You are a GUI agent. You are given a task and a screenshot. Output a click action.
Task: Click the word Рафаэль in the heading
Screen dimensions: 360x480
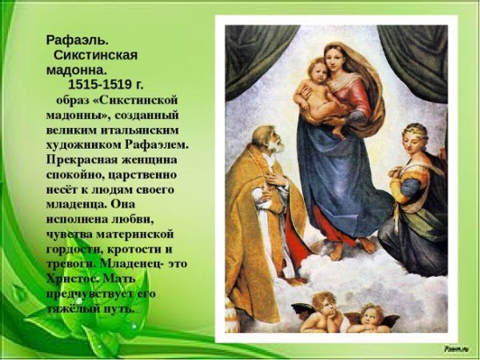coord(76,39)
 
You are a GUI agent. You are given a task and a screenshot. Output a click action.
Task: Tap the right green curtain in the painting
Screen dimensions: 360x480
coord(412,61)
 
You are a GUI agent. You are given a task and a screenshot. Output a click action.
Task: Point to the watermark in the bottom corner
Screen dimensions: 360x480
coord(455,349)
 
